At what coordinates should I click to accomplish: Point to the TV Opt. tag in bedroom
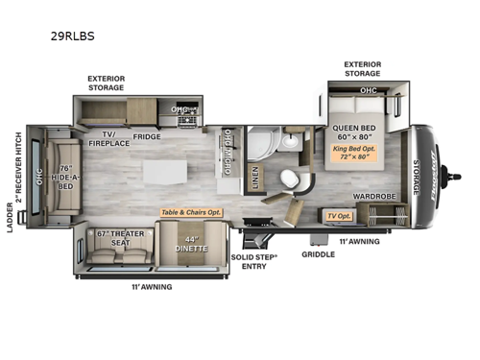click(x=339, y=217)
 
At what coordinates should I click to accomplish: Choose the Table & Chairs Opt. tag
click(x=191, y=211)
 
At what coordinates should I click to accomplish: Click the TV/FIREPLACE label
click(x=109, y=140)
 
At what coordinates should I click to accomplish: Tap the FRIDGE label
click(x=148, y=136)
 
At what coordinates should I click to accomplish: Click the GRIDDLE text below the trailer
click(x=318, y=255)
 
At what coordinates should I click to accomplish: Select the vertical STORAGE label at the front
click(x=416, y=175)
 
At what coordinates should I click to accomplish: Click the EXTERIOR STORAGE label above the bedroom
click(x=363, y=69)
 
